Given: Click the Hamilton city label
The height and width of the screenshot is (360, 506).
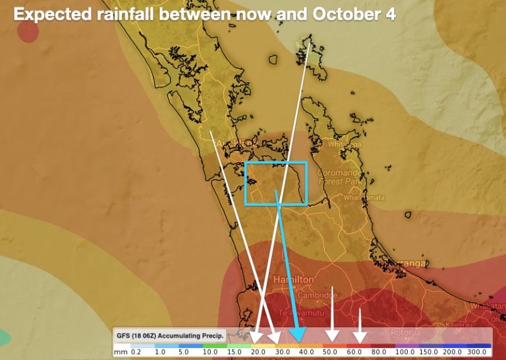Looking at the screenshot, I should pyautogui.click(x=293, y=280).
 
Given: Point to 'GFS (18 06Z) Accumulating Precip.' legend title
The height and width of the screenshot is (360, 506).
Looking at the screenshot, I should pyautogui.click(x=169, y=336).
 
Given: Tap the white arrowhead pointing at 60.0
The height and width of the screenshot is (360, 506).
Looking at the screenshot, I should pyautogui.click(x=359, y=338).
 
